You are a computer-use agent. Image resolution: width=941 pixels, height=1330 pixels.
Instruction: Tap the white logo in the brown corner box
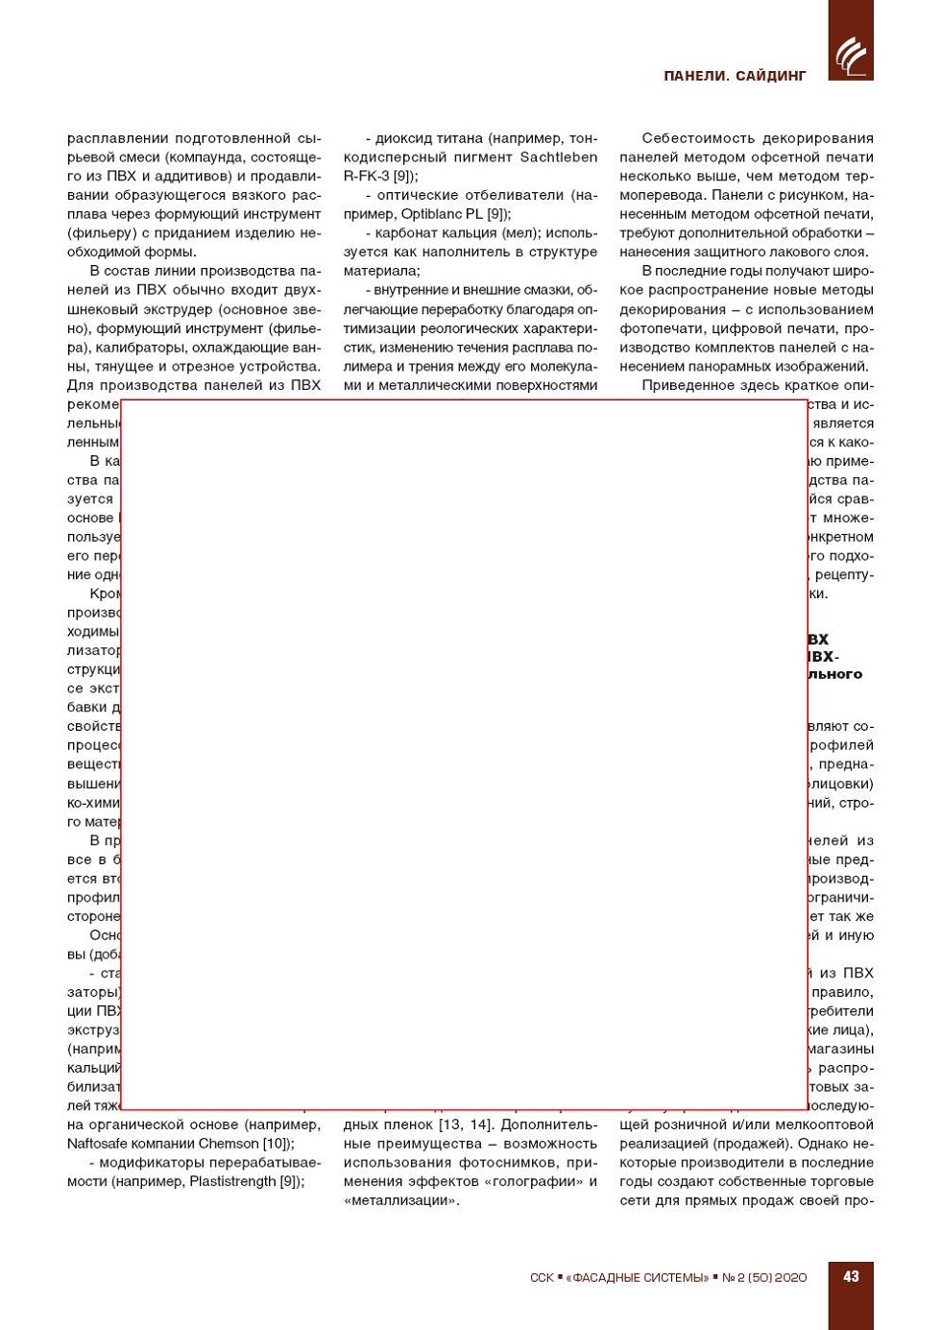[x=851, y=56]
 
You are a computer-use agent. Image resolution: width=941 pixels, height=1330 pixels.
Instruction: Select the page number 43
[x=851, y=1276]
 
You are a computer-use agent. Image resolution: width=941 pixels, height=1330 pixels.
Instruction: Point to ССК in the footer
[x=542, y=1278]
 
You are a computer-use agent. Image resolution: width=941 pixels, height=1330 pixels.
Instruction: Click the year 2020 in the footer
[x=790, y=1278]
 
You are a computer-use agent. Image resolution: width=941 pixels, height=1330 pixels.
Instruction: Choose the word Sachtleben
[x=558, y=157]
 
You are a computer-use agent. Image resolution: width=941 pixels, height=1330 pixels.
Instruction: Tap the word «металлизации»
[x=401, y=1200]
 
